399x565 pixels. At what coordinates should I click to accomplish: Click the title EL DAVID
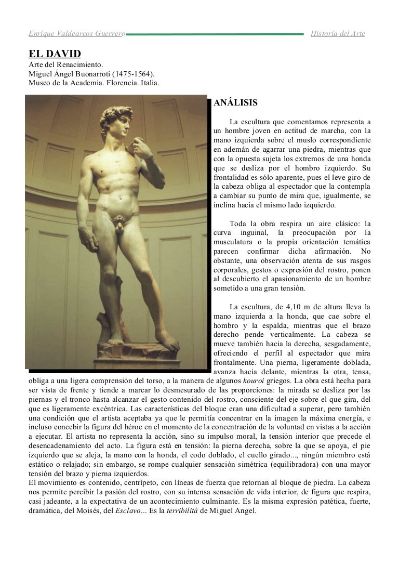[x=54, y=54]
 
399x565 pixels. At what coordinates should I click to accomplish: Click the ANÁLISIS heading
[x=235, y=103]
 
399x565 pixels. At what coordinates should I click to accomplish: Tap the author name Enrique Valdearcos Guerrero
[x=76, y=34]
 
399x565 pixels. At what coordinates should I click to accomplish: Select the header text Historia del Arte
[x=338, y=34]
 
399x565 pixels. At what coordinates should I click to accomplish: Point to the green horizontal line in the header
[x=215, y=34]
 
